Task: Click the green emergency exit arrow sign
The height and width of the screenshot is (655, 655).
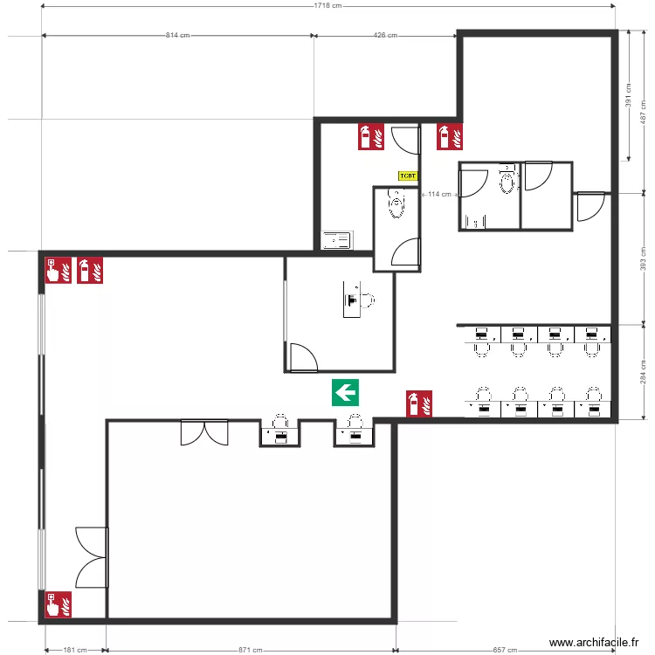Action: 346,393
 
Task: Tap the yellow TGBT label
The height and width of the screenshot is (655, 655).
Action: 408,176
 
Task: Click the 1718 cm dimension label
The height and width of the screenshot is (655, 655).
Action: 327,6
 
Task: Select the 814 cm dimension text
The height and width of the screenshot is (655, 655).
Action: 178,36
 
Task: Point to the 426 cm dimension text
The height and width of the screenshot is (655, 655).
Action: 385,36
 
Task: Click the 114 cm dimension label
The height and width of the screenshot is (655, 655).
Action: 439,194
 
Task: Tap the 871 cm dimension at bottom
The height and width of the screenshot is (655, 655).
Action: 251,650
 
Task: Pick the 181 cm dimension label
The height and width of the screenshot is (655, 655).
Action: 75,650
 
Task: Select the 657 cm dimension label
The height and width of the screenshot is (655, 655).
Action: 506,650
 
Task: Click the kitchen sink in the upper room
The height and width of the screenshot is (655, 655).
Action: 337,239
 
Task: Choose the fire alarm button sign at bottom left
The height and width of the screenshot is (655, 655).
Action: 59,604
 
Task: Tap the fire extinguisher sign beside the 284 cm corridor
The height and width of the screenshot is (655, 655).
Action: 420,403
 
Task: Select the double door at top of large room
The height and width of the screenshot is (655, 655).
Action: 204,431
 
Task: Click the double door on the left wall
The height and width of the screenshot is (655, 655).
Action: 92,557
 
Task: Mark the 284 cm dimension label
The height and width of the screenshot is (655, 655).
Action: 644,373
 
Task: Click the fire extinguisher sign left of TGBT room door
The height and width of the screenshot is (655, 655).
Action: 371,136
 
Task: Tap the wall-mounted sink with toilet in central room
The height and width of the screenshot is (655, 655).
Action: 358,300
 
